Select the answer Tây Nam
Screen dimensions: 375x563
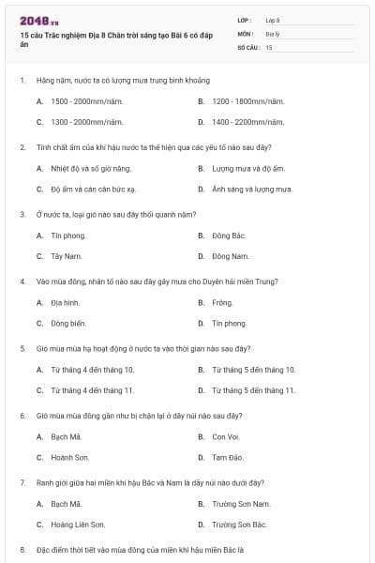67,256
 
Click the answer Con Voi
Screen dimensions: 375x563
226,436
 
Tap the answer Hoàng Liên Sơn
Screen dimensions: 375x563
78,525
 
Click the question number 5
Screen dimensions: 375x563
22,347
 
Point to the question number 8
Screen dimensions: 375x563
22,548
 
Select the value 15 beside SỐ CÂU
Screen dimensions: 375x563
269,46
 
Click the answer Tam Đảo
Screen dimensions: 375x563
228,458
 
